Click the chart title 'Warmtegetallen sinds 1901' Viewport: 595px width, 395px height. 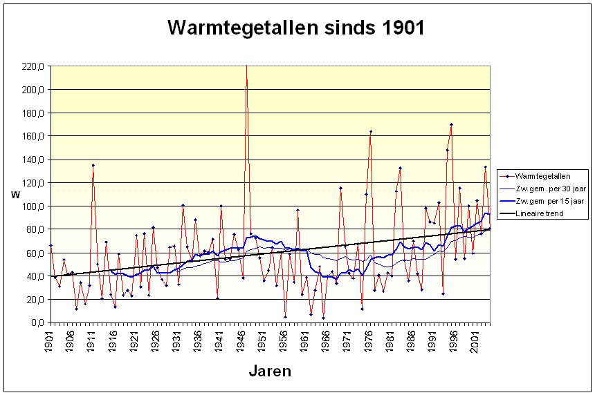pos(296,28)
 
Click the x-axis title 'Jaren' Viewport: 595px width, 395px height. pos(270,371)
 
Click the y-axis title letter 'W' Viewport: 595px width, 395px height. pos(15,195)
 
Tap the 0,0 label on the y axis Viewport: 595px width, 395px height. pos(38,322)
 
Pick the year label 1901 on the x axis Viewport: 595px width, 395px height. pos(49,341)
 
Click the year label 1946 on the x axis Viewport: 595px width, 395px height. pos(241,341)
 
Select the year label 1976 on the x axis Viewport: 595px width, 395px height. pos(368,341)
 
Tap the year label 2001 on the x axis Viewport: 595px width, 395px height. pos(475,341)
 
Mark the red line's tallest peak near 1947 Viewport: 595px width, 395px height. pos(247,66)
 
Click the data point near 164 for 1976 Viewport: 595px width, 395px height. pos(371,131)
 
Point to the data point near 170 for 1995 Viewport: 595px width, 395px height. pos(452,124)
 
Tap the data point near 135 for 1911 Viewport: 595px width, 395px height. pos(93,165)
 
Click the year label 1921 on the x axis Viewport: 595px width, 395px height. pos(134,341)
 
